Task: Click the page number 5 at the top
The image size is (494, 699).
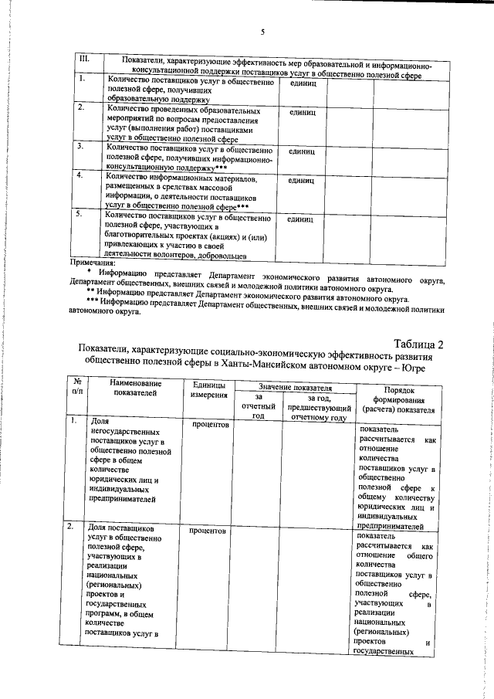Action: tap(262, 32)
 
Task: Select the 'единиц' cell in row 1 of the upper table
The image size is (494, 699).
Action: tap(301, 82)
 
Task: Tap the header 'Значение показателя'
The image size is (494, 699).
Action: tap(295, 387)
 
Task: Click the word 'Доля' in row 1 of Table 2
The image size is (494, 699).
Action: tap(100, 422)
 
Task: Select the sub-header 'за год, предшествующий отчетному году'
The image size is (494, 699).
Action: tap(318, 406)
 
